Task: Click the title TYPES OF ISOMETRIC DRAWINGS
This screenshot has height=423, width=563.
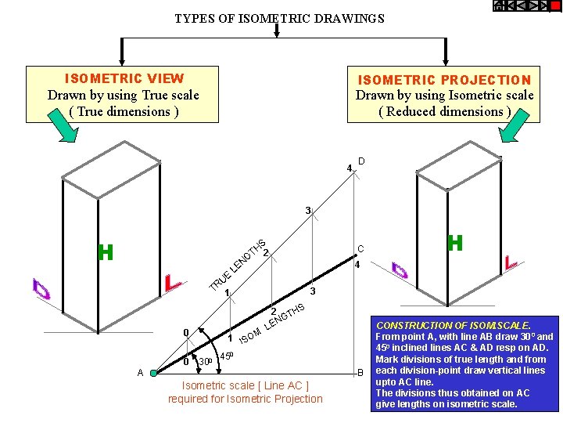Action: (279, 18)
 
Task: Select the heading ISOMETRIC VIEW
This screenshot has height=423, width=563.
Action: (124, 78)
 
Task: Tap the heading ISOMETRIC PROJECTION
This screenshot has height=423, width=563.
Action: (444, 80)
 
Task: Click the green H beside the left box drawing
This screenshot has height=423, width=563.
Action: (106, 252)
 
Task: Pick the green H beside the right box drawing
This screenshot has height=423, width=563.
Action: (455, 243)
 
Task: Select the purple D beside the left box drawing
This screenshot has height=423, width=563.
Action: (41, 289)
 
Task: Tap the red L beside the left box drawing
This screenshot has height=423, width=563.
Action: (173, 282)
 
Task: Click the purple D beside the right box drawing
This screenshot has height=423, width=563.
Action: (400, 270)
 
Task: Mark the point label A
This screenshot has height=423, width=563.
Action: (140, 373)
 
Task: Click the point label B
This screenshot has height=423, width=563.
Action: (360, 372)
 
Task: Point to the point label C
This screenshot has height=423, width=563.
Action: (360, 248)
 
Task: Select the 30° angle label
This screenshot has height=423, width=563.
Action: (206, 361)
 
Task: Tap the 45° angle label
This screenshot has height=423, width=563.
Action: (226, 356)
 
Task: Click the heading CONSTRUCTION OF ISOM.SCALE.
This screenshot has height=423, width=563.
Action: (454, 325)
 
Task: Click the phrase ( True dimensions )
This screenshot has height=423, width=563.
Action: (124, 111)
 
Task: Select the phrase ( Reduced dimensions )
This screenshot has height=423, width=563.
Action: (444, 111)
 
